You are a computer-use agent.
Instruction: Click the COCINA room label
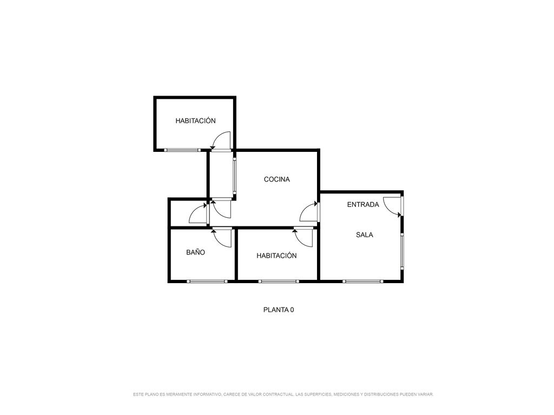276,179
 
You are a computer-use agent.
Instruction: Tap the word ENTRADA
363,205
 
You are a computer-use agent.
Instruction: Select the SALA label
364,235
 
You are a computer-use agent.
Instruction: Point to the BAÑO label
195,252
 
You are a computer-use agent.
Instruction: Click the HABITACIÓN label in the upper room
195,121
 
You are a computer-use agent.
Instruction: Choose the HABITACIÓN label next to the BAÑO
276,256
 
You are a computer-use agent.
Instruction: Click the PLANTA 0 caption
279,310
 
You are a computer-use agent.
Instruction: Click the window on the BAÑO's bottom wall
207,281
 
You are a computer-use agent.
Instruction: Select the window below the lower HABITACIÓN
279,281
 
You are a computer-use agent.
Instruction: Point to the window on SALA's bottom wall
362,281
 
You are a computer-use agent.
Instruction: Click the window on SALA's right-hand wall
402,251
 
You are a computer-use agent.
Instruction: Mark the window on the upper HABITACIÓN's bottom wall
182,150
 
